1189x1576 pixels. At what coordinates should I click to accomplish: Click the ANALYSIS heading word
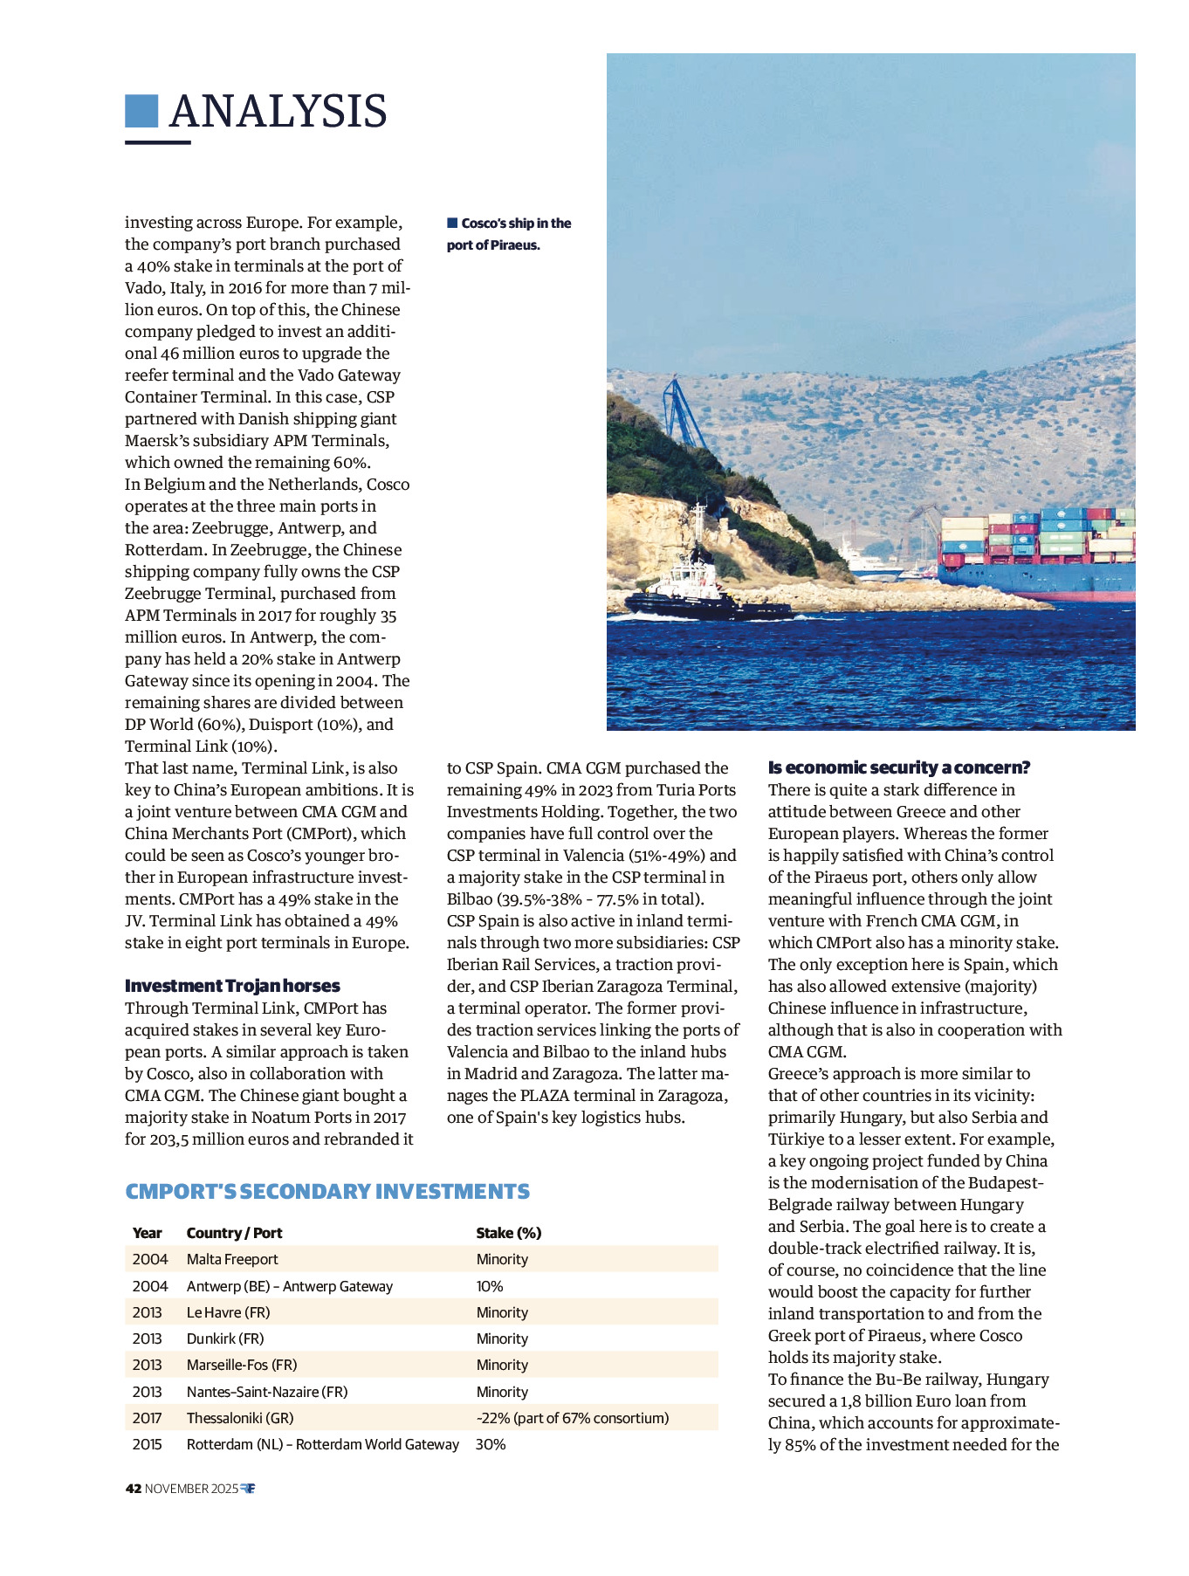coord(278,112)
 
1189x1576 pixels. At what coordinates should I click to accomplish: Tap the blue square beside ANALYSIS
coord(141,111)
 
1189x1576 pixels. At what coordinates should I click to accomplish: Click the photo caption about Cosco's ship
coord(509,234)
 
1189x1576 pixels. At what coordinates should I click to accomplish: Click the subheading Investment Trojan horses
coord(232,986)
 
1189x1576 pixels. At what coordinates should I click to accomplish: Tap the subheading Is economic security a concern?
coord(899,767)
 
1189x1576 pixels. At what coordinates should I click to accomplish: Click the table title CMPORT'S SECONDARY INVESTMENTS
coord(327,1192)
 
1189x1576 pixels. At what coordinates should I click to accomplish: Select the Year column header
coord(147,1233)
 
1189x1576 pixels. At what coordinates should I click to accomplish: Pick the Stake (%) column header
coord(508,1233)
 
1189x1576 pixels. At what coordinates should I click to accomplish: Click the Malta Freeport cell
coord(232,1259)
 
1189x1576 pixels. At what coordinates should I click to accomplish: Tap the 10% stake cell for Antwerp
coord(490,1286)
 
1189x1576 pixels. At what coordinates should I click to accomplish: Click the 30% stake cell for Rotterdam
coord(491,1444)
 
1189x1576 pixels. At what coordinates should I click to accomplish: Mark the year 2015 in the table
coord(147,1444)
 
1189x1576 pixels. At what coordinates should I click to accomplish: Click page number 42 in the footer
coord(133,1489)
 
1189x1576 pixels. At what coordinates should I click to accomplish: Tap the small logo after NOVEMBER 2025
coord(248,1489)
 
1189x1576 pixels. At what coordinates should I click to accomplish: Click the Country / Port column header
coord(234,1233)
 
